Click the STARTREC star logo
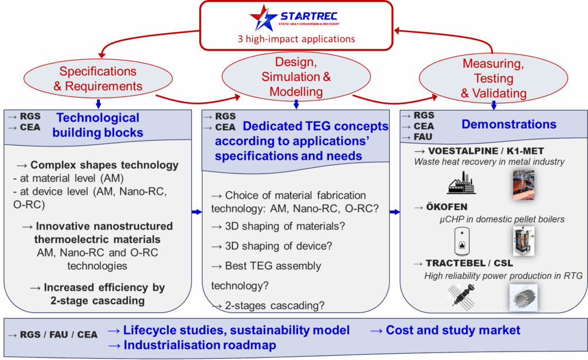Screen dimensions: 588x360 click(x=263, y=18)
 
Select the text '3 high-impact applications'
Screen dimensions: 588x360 click(x=296, y=39)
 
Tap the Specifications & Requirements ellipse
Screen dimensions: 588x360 click(x=98, y=79)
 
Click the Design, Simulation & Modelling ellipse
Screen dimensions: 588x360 click(x=296, y=76)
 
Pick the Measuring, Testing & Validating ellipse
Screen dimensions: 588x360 click(x=493, y=78)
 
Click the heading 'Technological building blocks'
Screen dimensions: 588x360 click(x=98, y=125)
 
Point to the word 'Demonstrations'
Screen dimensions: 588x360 click(x=509, y=124)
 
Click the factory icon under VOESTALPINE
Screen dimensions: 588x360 click(x=462, y=183)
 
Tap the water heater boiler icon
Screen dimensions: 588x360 click(x=462, y=241)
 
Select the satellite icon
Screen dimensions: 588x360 click(x=462, y=297)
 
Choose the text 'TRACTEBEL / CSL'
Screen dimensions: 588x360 click(x=469, y=263)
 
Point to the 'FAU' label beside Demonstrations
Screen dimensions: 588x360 click(x=423, y=137)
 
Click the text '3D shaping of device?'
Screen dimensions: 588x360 click(x=278, y=246)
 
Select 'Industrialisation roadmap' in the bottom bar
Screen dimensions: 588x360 click(x=200, y=345)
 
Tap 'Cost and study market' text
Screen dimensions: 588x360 click(x=453, y=330)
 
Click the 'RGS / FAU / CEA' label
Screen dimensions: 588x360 click(x=59, y=335)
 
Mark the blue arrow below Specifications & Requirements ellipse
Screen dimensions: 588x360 click(x=98, y=104)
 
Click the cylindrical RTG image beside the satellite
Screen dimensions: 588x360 click(x=524, y=297)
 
